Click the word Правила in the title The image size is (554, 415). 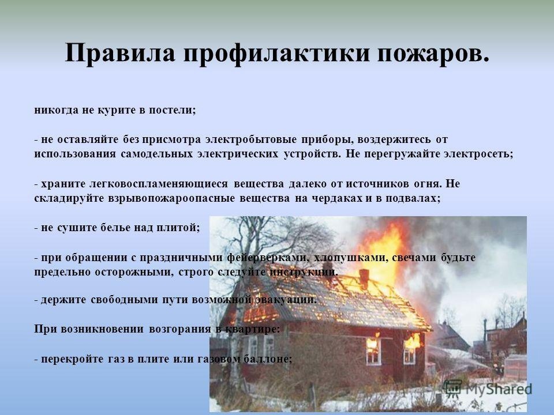[x=120, y=53]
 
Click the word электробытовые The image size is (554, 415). [x=251, y=139]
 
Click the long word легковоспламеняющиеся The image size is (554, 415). [x=159, y=184]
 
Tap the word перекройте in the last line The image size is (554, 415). [x=70, y=359]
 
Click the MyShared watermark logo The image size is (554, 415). [x=487, y=389]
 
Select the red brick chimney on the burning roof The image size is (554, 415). [x=364, y=278]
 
